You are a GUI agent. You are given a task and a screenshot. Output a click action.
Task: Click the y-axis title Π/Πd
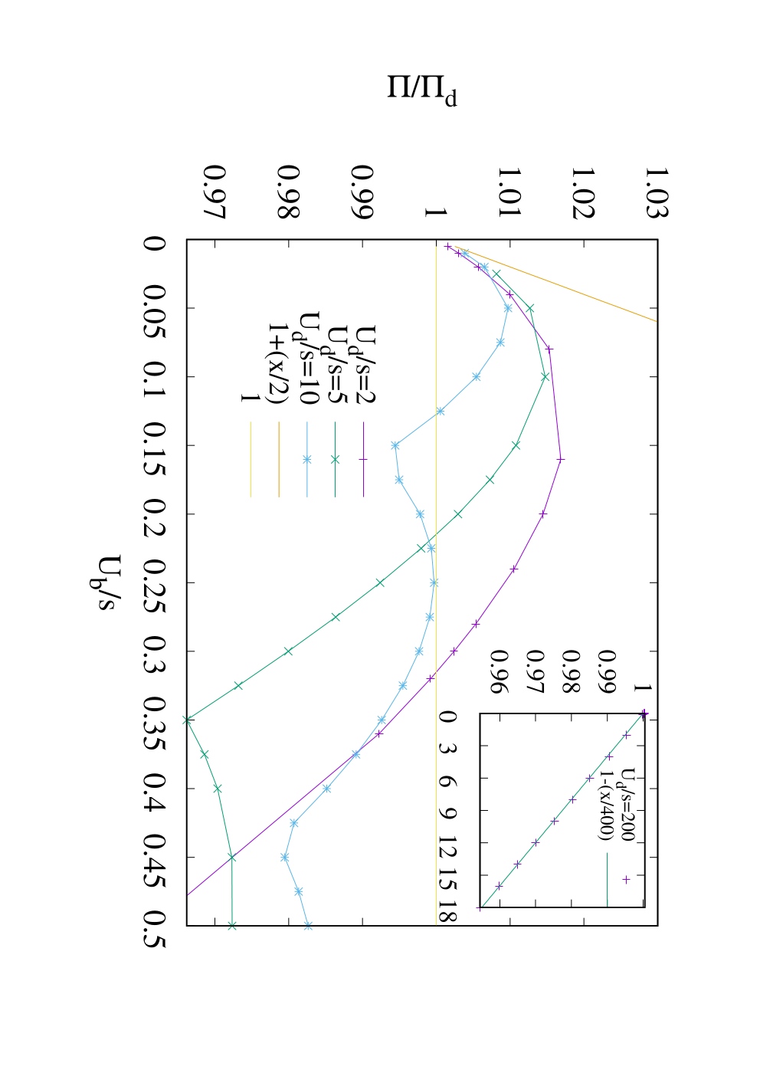[x=422, y=91]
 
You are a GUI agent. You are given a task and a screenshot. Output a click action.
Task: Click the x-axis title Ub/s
[x=103, y=582]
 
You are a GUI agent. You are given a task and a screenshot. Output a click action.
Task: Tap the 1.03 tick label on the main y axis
[x=657, y=192]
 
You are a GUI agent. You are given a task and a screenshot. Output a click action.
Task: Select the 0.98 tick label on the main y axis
[x=289, y=192]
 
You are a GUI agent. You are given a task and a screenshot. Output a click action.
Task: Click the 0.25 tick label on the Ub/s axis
[x=155, y=582]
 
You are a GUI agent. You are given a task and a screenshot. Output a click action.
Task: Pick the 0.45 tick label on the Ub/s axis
[x=155, y=857]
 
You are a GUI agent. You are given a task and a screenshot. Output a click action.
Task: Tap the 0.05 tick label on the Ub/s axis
[x=155, y=307]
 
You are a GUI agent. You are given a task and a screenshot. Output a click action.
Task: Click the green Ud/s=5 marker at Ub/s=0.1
[x=545, y=377]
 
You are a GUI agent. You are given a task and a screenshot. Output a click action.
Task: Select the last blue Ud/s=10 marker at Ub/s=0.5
[x=308, y=926]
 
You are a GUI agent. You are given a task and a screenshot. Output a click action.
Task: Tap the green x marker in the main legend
[x=335, y=460]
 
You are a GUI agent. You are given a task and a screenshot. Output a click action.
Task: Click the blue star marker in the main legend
[x=307, y=460]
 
